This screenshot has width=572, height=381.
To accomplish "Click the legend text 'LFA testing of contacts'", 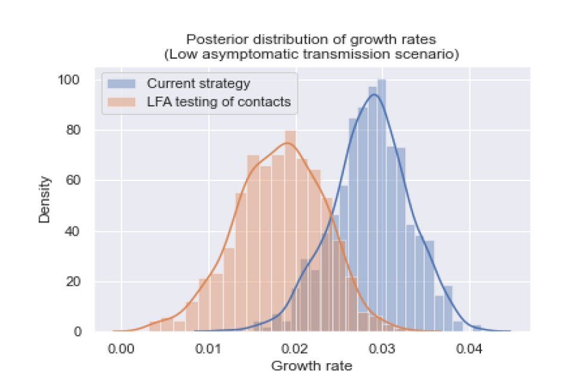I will tap(219, 102).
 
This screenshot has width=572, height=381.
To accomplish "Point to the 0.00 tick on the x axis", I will tap(122, 348).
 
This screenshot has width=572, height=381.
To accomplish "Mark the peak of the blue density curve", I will tap(374, 95).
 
